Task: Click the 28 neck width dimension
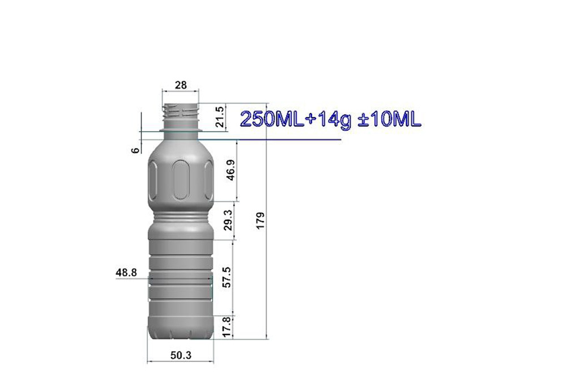(181, 85)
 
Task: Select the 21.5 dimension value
(220, 117)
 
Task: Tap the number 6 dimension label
(136, 150)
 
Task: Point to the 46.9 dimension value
(231, 170)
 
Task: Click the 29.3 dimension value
(228, 220)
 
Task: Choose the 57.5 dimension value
(227, 277)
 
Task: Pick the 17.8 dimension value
(227, 327)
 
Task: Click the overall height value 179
(261, 220)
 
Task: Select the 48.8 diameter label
(126, 273)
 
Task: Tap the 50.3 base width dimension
(181, 355)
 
